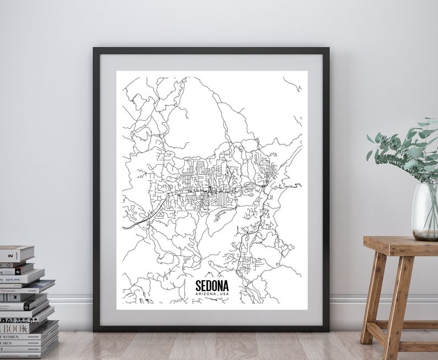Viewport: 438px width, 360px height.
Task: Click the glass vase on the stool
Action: [425, 212]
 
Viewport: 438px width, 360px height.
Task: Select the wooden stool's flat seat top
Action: [400, 243]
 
